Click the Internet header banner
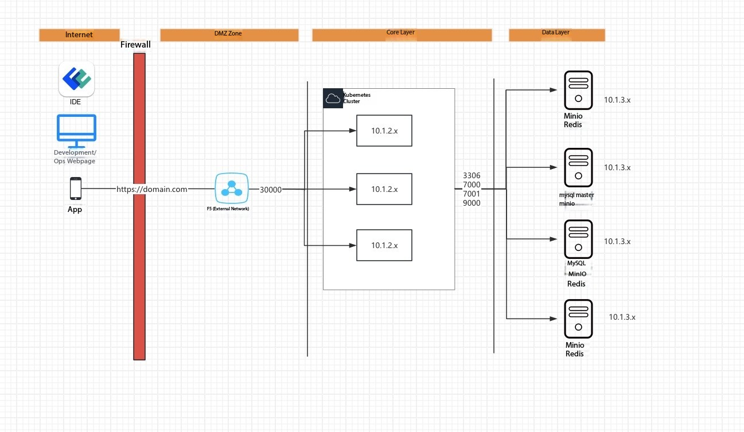[79, 35]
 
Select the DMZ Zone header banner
[229, 35]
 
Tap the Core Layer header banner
[402, 35]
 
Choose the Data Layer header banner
[557, 35]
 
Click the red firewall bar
[139, 206]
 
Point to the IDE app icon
[76, 79]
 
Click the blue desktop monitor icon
[76, 131]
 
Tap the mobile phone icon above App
[75, 188]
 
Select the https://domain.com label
[152, 189]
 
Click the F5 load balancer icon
[232, 188]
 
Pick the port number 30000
[270, 190]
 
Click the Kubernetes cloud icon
[333, 98]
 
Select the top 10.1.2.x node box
[384, 131]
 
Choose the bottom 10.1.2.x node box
[384, 245]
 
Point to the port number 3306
[472, 175]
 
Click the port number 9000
[472, 203]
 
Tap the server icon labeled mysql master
[578, 167]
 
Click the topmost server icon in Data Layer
[578, 90]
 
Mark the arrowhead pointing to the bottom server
[554, 319]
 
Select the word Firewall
[135, 45]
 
